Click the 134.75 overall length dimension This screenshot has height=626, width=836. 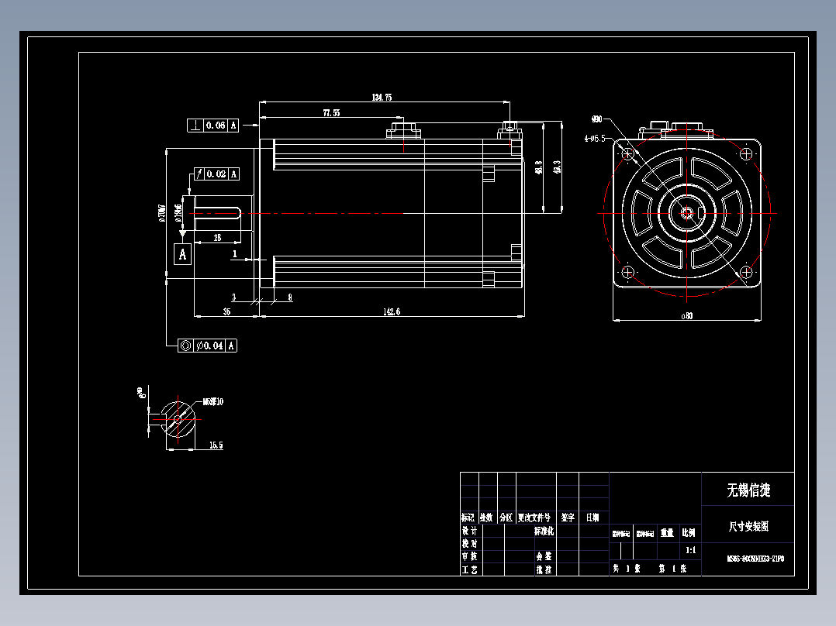[382, 98]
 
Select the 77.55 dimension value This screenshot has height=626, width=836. [331, 113]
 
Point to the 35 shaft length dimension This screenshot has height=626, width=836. [226, 311]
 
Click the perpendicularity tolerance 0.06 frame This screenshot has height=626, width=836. [212, 125]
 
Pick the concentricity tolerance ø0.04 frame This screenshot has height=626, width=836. [207, 346]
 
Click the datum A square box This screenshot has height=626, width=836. [183, 253]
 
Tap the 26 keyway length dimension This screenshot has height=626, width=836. [217, 238]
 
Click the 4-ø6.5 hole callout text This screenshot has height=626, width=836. [595, 139]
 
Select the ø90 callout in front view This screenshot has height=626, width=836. [596, 119]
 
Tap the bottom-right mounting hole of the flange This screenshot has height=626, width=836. [745, 272]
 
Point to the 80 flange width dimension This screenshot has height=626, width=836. [686, 315]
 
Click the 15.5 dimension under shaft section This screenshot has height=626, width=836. [216, 445]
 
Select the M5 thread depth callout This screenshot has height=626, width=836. [212, 402]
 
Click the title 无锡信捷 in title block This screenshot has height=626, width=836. [748, 490]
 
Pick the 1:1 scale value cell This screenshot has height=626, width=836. [689, 551]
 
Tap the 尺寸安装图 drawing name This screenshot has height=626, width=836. [748, 526]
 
